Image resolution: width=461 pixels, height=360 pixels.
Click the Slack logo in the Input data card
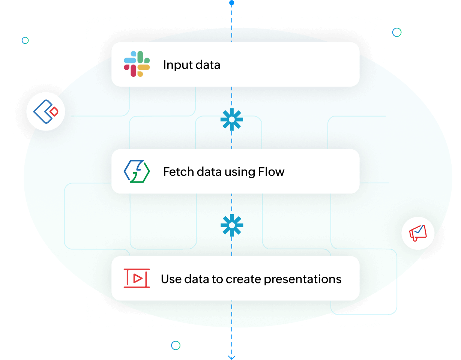tap(137, 64)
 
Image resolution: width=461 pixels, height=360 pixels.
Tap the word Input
tap(175, 65)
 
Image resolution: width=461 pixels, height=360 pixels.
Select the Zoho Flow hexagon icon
tap(137, 171)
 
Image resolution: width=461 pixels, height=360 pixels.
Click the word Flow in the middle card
tap(271, 172)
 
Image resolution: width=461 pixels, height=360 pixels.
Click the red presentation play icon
tap(137, 278)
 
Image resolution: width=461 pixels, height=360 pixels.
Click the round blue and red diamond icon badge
tap(46, 111)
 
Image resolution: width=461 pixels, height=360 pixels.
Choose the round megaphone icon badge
tap(418, 233)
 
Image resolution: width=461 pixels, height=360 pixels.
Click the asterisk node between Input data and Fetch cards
tap(232, 120)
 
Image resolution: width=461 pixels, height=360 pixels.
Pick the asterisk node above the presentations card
tap(232, 225)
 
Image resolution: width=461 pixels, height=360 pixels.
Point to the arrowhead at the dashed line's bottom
tap(232, 357)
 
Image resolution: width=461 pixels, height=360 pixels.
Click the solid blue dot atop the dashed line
tap(232, 3)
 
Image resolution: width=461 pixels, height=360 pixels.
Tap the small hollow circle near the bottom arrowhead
tap(176, 345)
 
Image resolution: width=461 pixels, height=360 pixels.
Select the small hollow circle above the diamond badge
tap(25, 40)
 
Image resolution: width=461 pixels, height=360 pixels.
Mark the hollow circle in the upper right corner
tap(397, 32)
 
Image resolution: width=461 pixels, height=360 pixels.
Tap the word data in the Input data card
tap(206, 65)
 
